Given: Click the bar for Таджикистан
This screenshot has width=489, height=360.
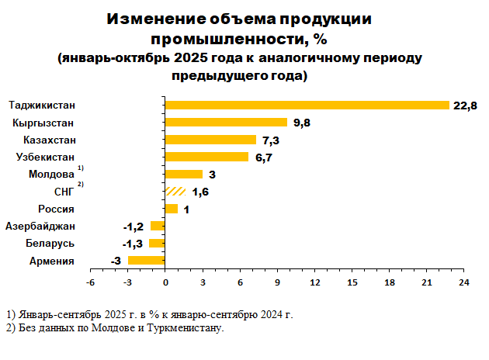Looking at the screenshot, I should coord(307,105).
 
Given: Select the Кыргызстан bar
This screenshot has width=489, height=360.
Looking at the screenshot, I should coord(227,123).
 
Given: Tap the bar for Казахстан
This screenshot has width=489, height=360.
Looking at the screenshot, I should coord(211,140).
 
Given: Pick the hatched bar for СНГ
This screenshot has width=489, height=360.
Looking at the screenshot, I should coord(175,192).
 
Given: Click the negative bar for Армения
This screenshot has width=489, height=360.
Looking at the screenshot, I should coord(147,261).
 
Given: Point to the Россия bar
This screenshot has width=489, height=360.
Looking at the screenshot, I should coord(172,209).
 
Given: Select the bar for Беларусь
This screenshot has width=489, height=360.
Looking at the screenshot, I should coord(158,244).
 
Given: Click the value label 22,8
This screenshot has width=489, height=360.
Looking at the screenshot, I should coord(465,106).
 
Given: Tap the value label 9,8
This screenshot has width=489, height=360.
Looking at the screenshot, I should coord(301,123).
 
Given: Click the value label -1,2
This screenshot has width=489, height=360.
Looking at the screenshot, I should coord(134,227).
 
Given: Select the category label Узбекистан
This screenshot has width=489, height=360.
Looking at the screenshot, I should coord(45,157).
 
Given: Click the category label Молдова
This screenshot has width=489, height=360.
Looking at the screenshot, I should coord(51,174).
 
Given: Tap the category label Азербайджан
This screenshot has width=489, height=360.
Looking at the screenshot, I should coord(40,226).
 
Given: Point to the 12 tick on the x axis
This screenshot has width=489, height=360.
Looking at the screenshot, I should coord(315,282).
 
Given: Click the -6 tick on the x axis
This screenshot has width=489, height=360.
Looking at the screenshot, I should coord(90,282).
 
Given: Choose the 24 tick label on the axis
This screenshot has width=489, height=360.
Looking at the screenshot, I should coord(464,282).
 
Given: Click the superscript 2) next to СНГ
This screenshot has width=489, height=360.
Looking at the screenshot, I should coord(80,185).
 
